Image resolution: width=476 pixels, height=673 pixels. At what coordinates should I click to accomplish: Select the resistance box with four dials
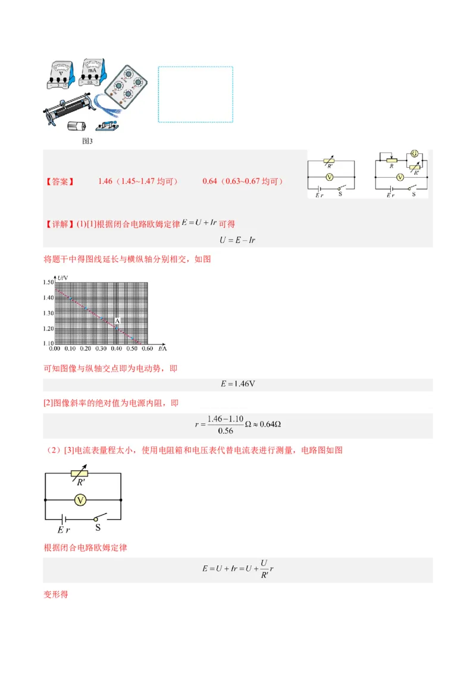tap(127, 87)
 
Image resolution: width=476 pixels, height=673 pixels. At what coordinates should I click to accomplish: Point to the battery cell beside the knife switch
tap(77, 126)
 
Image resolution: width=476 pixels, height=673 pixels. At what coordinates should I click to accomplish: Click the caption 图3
tap(87, 141)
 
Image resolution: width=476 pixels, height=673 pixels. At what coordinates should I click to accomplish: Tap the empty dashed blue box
tap(195, 94)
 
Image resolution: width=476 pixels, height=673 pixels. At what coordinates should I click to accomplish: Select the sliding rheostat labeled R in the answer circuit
tap(392, 160)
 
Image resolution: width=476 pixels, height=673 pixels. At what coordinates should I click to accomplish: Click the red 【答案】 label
tap(59, 181)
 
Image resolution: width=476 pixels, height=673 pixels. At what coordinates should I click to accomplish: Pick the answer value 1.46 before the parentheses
tap(105, 181)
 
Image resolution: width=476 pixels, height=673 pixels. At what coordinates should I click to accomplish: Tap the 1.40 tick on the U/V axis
tap(48, 297)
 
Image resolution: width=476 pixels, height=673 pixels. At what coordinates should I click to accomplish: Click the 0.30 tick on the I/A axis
tap(101, 349)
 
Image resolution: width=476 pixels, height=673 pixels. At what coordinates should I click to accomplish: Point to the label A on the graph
tap(117, 321)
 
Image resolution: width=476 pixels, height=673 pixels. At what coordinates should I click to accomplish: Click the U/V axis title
tap(62, 278)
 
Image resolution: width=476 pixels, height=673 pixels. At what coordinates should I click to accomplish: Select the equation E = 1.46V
tap(237, 384)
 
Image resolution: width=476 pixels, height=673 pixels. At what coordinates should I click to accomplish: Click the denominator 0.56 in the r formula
tap(226, 430)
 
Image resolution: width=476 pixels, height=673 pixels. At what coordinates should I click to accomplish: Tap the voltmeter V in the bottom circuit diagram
tap(82, 501)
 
